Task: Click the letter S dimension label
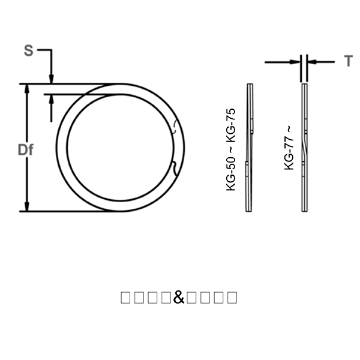tap(28, 50)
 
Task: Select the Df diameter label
tap(25, 150)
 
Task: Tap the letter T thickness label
tap(348, 61)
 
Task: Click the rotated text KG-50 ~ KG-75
tap(231, 150)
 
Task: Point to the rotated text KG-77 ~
tap(289, 148)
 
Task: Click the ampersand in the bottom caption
tap(179, 297)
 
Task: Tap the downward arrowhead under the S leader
tap(52, 79)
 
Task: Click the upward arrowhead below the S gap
tap(52, 98)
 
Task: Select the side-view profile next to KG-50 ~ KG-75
tap(250, 148)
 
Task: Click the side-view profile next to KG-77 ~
tap(305, 148)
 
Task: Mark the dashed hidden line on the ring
tap(174, 126)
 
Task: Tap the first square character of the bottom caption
tap(125, 297)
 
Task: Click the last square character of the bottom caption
tap(232, 297)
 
